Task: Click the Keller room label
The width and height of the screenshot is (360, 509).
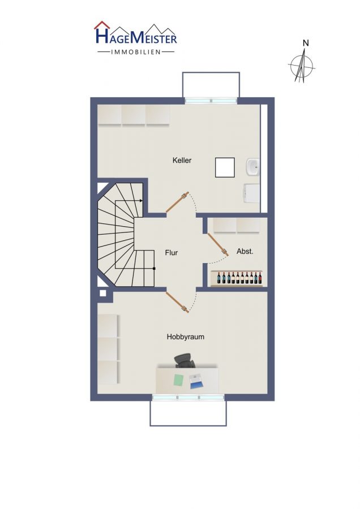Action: coord(182,160)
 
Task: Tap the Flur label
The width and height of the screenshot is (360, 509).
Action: coord(172,252)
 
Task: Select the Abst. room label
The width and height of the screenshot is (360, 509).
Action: coord(245,251)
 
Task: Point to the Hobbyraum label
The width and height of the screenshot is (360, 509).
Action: coord(186,337)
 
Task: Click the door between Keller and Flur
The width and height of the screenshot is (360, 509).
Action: coord(177,202)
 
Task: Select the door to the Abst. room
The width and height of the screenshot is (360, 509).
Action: coord(218,244)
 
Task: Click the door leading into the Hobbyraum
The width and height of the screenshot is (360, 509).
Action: coord(177,302)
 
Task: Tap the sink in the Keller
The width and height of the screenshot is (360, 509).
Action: coord(253,167)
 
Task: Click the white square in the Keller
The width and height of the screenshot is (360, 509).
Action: coord(225,167)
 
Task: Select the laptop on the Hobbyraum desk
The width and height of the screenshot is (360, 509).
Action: coord(196,381)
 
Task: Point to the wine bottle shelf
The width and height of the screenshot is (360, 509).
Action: coord(237,278)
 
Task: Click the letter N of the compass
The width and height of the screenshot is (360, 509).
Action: coord(306,43)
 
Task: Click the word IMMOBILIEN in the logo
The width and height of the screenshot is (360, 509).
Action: coord(136,52)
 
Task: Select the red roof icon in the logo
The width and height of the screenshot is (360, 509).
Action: coord(102,25)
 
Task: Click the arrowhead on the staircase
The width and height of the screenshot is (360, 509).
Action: coord(141,201)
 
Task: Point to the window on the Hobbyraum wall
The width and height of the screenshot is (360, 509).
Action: coord(188,398)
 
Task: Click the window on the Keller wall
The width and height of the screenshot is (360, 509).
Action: coord(211,101)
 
